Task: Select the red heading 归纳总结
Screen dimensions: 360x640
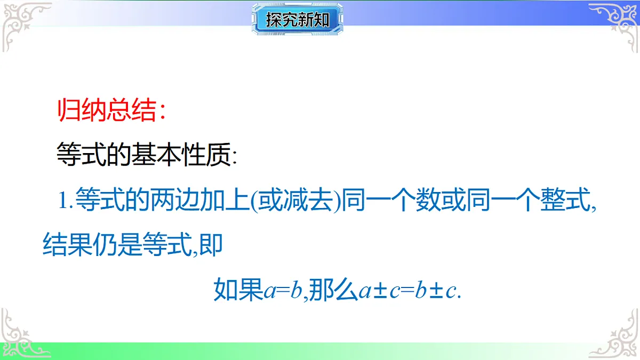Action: click(x=107, y=111)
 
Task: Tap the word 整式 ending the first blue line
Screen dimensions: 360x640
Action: click(x=567, y=202)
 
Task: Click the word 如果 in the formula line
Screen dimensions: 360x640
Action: click(x=238, y=291)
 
